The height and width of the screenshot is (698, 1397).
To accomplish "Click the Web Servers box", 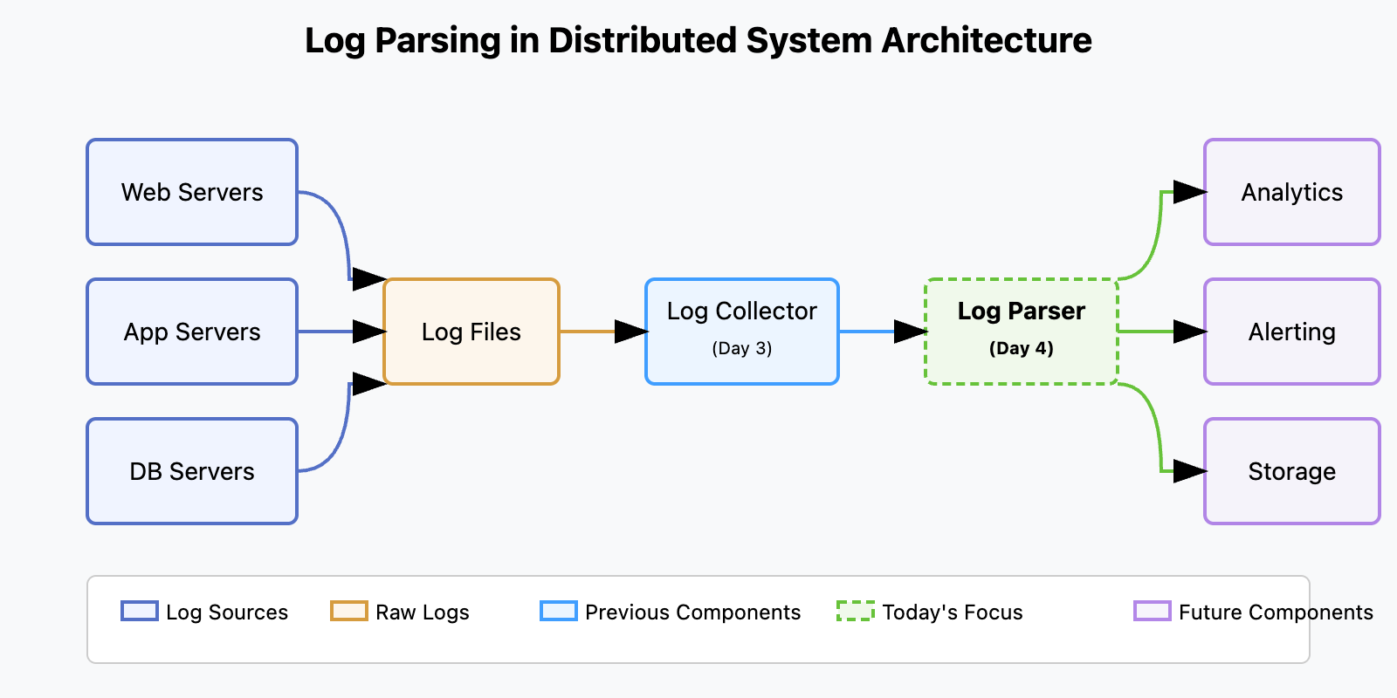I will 192,192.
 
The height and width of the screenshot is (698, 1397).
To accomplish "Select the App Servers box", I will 192,332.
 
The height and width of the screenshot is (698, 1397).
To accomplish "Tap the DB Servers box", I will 192,471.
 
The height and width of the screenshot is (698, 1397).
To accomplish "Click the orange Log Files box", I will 471,332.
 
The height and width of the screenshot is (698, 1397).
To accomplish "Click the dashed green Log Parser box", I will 1022,332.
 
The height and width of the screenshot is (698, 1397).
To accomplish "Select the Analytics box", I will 1292,192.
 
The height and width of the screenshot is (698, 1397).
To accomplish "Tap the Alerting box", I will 1292,332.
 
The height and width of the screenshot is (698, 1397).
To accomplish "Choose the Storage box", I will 1292,471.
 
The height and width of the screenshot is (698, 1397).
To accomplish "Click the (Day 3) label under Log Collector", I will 742,348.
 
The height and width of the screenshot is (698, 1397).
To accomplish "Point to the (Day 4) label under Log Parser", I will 1022,348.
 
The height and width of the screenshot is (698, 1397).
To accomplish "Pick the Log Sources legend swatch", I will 140,611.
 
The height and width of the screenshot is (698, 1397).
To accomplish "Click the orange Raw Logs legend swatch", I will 349,611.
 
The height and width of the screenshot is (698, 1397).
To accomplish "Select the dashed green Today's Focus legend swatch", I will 855,611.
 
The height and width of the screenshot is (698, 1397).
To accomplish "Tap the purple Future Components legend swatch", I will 1152,611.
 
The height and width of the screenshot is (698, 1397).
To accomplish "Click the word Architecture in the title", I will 987,40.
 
